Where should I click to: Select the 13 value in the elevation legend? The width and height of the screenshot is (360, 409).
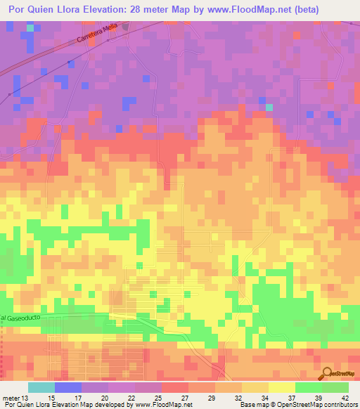tap(27, 398)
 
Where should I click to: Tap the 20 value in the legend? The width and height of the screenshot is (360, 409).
tap(105, 398)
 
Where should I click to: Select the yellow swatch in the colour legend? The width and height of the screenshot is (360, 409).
tap(281, 387)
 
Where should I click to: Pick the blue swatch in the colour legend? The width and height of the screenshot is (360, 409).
tap(67, 387)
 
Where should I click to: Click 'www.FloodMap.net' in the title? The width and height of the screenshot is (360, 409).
tap(229, 10)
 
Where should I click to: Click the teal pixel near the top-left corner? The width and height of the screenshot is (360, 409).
tap(30, 28)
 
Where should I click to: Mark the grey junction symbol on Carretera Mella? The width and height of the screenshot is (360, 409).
tap(126, 26)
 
